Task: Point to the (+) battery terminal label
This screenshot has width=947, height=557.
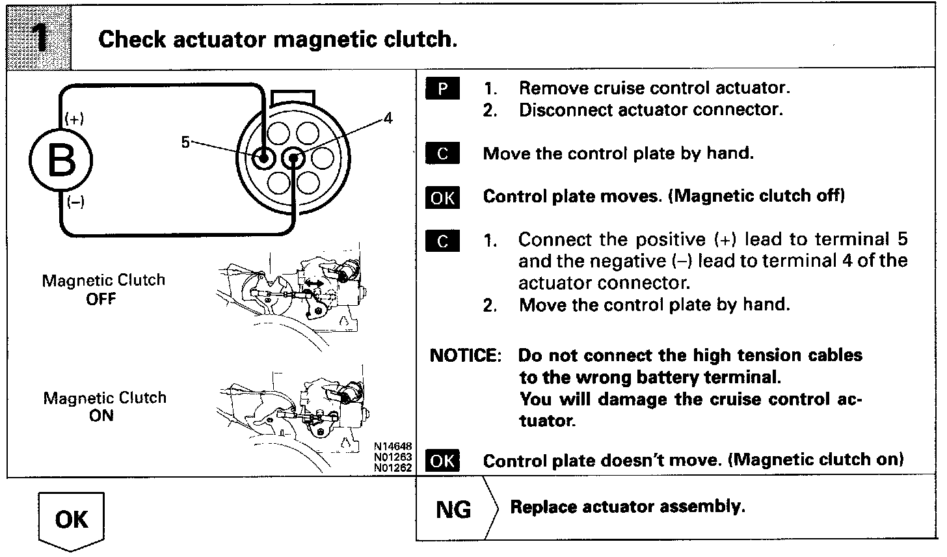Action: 74,120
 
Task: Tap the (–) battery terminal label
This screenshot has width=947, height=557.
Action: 75,202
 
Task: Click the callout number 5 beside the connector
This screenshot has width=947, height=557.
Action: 185,143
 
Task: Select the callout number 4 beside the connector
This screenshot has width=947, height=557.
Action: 388,118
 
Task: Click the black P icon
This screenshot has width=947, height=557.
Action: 442,88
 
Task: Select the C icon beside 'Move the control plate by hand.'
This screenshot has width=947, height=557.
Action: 442,154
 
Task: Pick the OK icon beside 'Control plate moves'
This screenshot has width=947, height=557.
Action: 442,197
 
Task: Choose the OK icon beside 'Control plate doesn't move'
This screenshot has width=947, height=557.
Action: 442,461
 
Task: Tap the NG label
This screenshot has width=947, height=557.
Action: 453,509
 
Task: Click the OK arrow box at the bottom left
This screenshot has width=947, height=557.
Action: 72,520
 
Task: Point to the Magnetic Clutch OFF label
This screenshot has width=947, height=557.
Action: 103,290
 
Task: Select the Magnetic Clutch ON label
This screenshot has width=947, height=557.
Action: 104,406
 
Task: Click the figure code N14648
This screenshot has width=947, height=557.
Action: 392,447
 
